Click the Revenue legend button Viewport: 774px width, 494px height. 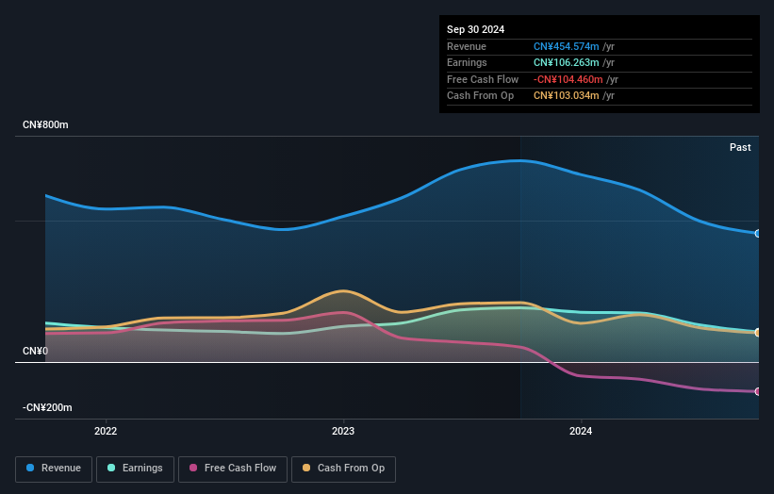click(55, 469)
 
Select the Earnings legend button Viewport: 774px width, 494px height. click(136, 469)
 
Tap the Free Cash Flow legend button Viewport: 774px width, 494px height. click(233, 469)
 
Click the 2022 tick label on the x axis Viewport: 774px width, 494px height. click(106, 431)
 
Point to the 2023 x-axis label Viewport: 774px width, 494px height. click(343, 431)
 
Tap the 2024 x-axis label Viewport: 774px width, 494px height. click(581, 431)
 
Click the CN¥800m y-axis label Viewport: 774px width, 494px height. click(45, 125)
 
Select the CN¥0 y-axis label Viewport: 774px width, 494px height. click(35, 351)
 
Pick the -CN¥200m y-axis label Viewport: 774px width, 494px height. click(47, 407)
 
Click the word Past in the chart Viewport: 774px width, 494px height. click(740, 147)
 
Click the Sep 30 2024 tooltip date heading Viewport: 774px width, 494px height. click(477, 29)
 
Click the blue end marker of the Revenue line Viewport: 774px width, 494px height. click(757, 233)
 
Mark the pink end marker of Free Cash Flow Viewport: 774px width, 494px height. click(757, 391)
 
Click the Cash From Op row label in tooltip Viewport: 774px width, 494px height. click(481, 96)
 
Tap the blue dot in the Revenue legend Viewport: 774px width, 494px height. click(31, 469)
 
